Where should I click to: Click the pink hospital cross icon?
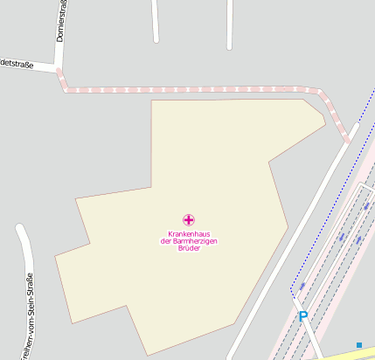pyautogui.click(x=188, y=219)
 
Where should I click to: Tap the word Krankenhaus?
pyautogui.click(x=188, y=233)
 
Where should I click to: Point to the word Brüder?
pyautogui.click(x=188, y=249)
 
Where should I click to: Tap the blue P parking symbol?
pyautogui.click(x=303, y=316)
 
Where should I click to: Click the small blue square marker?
pyautogui.click(x=359, y=345)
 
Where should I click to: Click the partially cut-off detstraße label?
pyautogui.click(x=17, y=62)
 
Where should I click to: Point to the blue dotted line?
pyautogui.click(x=341, y=175)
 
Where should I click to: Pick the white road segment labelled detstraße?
pyautogui.click(x=31, y=66)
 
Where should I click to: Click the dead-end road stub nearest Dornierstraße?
pyautogui.click(x=156, y=22)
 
